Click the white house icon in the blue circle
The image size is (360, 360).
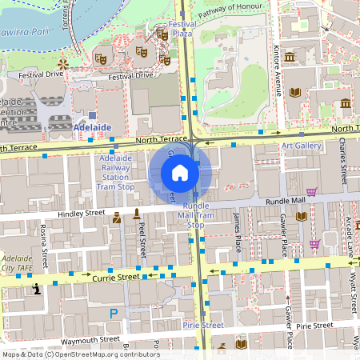click(180, 173)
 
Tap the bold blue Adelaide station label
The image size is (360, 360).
click(92, 127)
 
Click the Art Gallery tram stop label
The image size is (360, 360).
click(302, 146)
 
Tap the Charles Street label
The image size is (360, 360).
click(342, 156)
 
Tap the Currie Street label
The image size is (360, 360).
click(118, 277)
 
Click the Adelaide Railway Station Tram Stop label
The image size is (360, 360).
click(115, 172)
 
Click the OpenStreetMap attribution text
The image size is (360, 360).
click(80, 354)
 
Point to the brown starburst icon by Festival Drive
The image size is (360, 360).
click(62, 63)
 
